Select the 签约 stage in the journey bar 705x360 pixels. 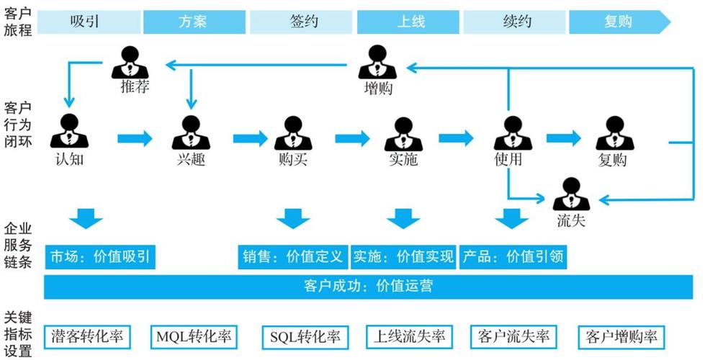[304, 22]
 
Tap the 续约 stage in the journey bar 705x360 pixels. [516, 22]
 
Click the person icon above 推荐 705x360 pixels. [130, 62]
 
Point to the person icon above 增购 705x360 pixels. [377, 62]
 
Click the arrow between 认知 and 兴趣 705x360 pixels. [135, 138]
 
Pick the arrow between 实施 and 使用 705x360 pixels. [457, 138]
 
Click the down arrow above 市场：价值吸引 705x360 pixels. [86, 218]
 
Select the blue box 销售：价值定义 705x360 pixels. [292, 256]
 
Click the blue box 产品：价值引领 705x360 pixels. [513, 256]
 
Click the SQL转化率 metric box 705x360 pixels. [304, 336]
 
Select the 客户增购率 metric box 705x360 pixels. [621, 336]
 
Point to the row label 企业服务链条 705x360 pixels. [18, 245]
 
